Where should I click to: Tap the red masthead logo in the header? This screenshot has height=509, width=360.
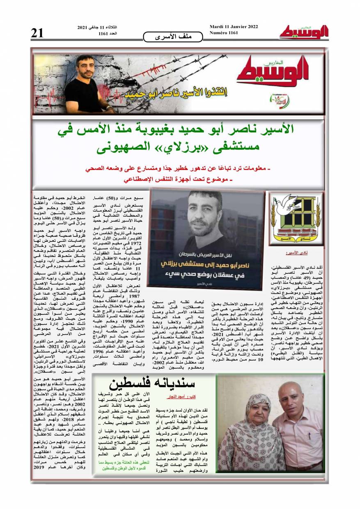(304, 32)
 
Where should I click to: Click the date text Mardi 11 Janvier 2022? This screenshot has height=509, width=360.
(234, 27)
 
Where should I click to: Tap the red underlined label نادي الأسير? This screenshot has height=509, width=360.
(312, 253)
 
